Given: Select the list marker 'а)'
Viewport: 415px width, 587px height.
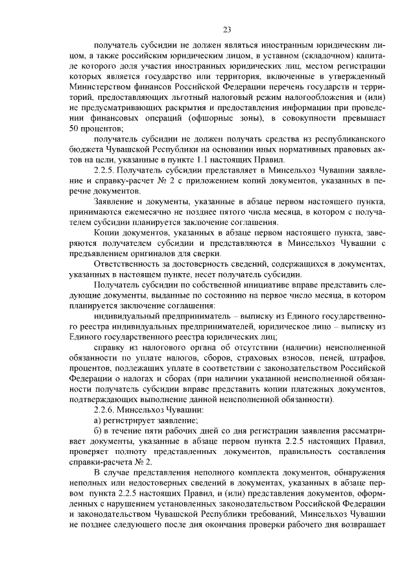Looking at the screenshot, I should pos(99,420).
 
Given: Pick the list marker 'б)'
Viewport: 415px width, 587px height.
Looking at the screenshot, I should pos(99,431).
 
